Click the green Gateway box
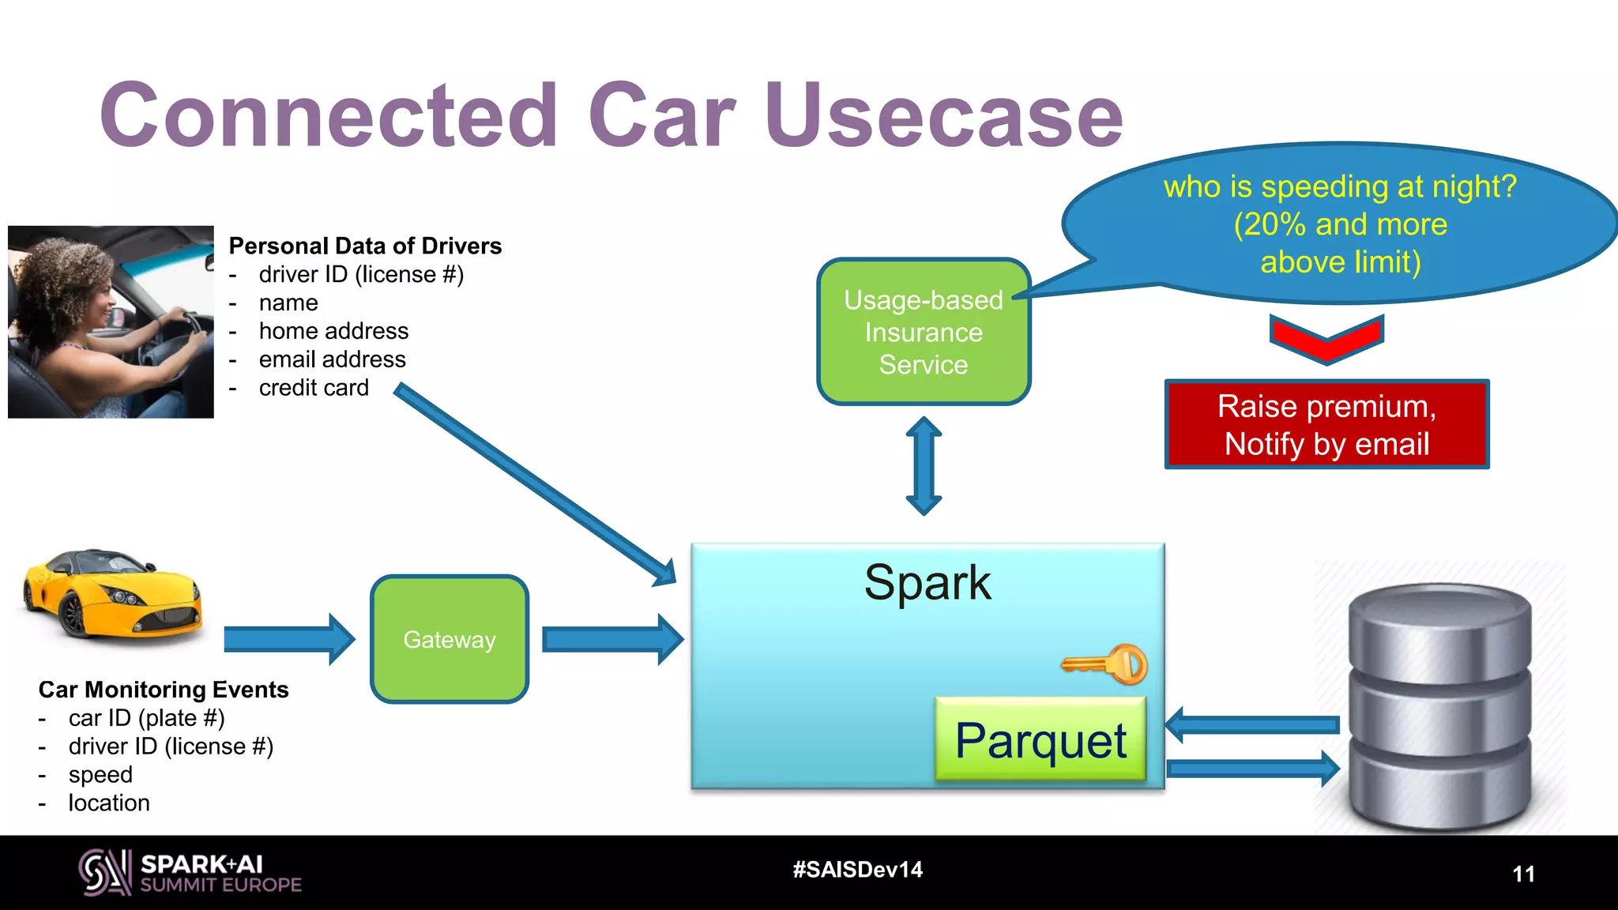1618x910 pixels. point(450,639)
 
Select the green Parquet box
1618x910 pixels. point(1040,740)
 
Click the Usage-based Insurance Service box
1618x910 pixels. point(924,333)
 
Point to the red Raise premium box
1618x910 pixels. point(1326,424)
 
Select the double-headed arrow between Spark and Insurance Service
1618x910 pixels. point(924,466)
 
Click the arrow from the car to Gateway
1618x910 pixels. point(288,639)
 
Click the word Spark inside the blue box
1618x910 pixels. point(928,583)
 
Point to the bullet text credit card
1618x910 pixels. point(314,388)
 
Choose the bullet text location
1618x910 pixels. point(109,803)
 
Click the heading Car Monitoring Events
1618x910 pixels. point(164,690)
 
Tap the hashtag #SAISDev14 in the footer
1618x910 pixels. point(857,870)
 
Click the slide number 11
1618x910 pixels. point(1523,874)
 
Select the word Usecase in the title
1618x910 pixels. point(943,115)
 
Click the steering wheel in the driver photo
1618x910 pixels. point(186,332)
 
